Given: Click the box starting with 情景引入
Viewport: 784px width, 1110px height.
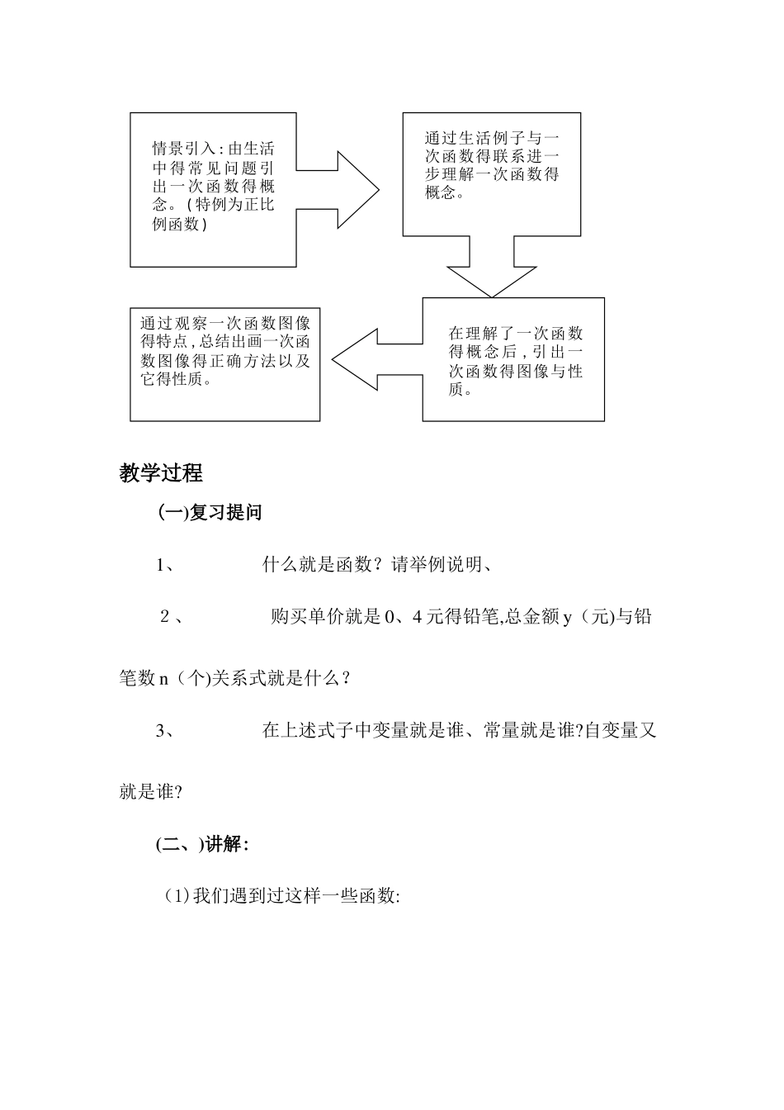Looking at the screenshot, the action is pos(213,189).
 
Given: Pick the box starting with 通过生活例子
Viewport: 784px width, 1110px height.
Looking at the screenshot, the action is pos(491,174).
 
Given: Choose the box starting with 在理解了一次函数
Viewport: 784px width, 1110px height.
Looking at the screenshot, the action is pos(513,360).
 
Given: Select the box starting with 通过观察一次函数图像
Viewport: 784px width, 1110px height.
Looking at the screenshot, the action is pos(224,363).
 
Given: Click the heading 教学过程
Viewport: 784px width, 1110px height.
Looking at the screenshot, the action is pos(161,473).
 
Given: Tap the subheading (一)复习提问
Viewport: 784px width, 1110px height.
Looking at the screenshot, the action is pos(210,513).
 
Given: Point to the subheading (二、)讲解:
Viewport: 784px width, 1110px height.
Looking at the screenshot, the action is pos(202,844).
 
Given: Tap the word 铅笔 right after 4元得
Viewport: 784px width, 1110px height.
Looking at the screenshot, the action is pos(482,616).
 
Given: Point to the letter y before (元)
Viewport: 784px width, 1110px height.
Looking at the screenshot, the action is pos(567,617).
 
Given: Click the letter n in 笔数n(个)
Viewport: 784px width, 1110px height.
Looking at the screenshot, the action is pos(163,679).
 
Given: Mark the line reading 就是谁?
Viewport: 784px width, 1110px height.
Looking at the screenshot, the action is pos(150,792).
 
